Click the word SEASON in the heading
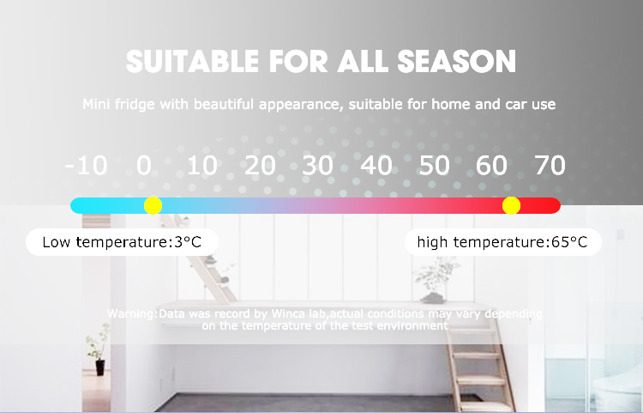(456, 62)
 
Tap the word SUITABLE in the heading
(192, 62)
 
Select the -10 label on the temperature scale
(86, 166)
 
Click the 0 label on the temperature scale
(144, 166)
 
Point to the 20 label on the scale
(260, 166)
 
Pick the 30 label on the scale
(318, 166)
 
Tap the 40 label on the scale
(376, 166)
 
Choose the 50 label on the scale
(435, 166)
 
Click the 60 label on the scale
(492, 166)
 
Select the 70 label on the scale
(550, 166)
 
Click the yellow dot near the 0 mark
(153, 205)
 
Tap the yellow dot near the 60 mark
(511, 205)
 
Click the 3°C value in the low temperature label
(188, 242)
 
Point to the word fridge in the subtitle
(134, 104)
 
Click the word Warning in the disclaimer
(131, 314)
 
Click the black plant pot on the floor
(100, 367)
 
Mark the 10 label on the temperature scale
(202, 166)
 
